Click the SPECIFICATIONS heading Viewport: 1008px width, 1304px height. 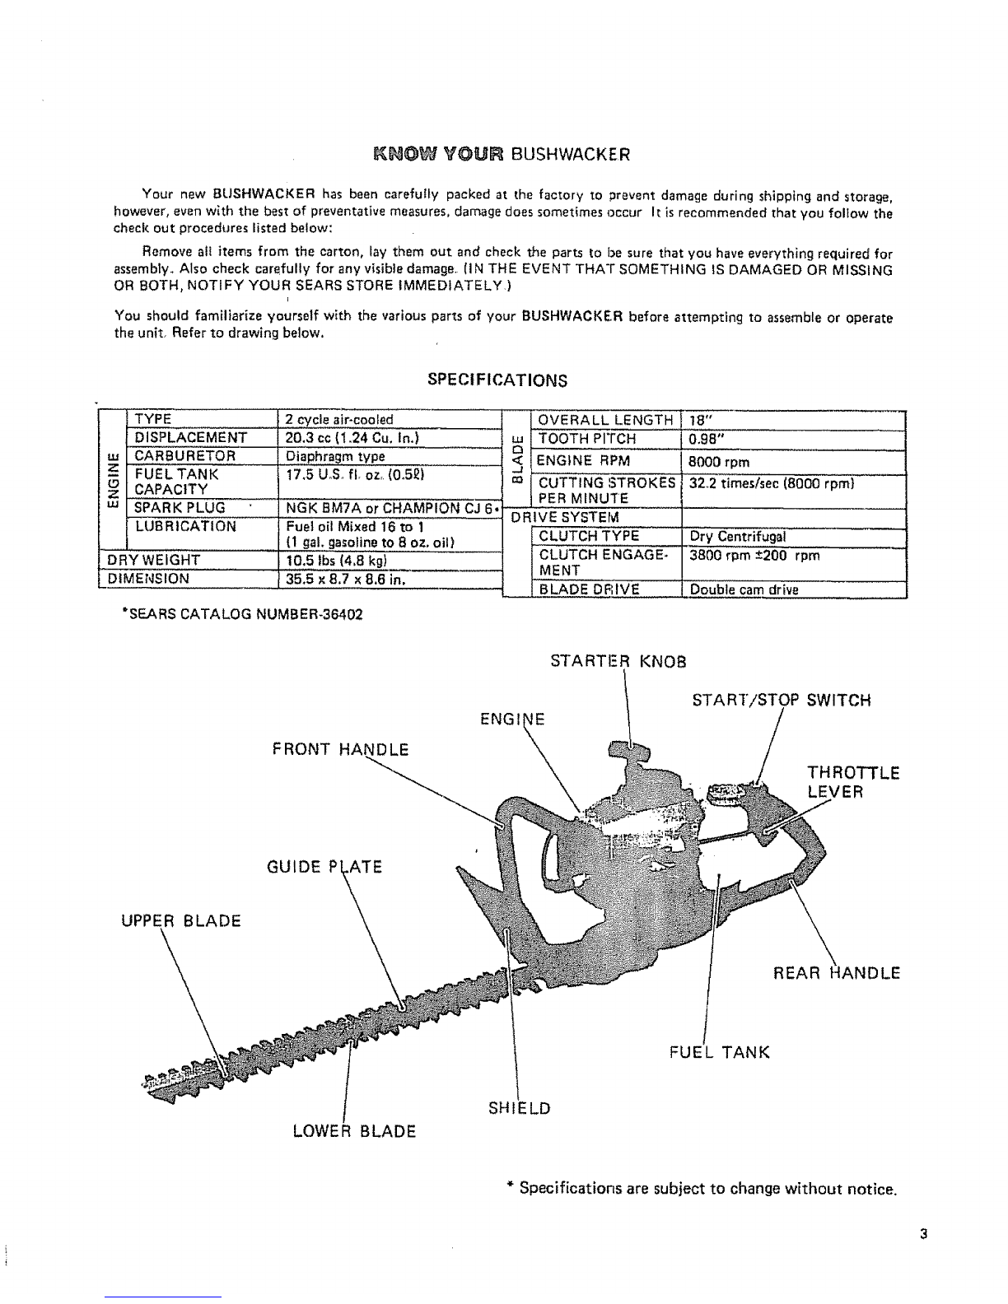[x=497, y=380]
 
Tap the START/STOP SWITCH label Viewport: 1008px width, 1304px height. [x=781, y=701]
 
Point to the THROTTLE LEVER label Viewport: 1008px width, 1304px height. [x=852, y=782]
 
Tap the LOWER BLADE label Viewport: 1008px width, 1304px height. [x=354, y=1130]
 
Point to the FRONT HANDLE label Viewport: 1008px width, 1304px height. [x=339, y=749]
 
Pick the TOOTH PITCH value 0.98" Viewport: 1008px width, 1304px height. [x=707, y=439]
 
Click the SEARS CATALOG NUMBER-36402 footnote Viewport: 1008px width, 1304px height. [x=241, y=613]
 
